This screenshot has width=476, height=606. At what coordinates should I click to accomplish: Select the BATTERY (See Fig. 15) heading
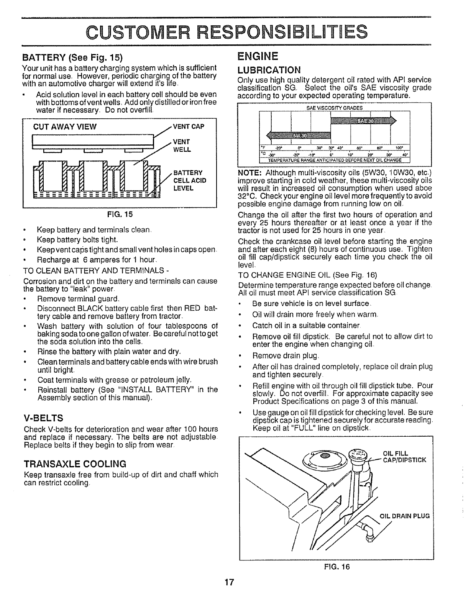pos(72,58)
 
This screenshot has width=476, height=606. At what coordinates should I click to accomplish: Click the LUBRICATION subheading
pos(269,70)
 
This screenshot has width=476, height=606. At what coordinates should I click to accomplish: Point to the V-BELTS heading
pos(43,417)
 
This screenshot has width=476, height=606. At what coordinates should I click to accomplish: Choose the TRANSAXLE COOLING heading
pos(75,464)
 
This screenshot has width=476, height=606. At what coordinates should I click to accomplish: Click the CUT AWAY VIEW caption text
pos(65,127)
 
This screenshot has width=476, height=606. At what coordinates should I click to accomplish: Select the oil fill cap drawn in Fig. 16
pos(359,455)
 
